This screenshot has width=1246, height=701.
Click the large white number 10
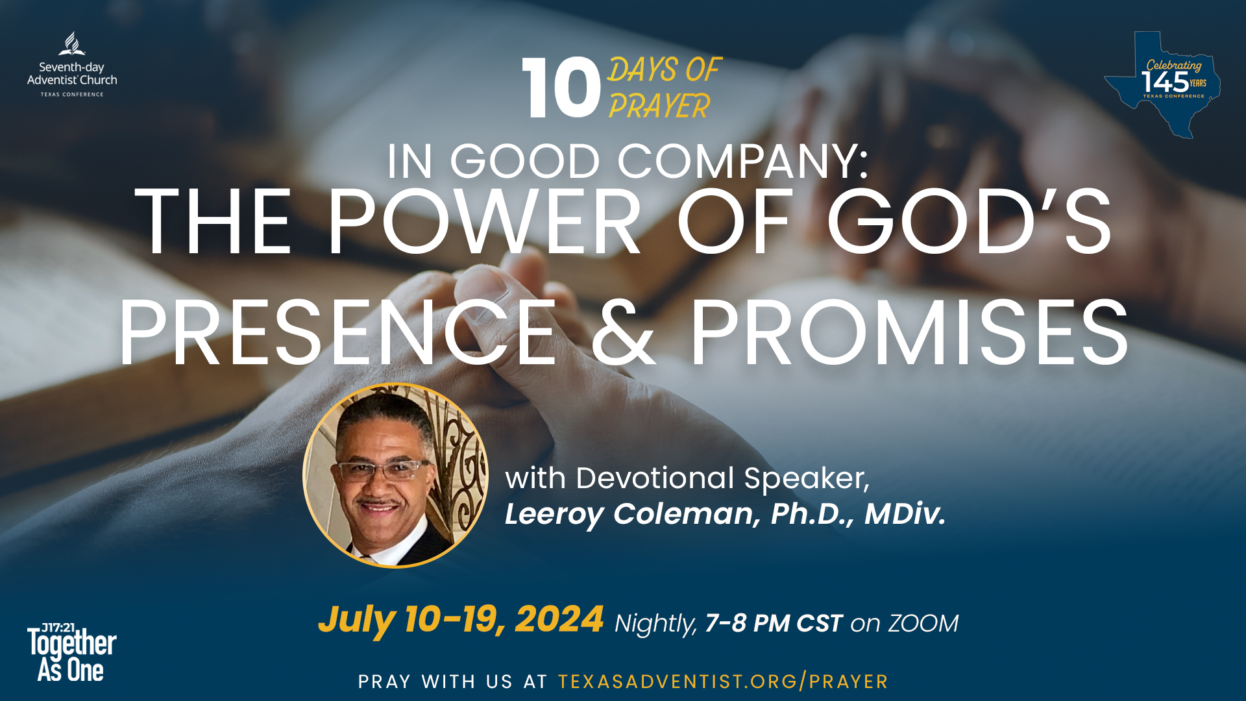561,88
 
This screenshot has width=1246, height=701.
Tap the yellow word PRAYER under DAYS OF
659,106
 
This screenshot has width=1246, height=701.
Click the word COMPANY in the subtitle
742,161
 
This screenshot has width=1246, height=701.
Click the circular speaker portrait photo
395,476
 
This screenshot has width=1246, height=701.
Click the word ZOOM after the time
923,623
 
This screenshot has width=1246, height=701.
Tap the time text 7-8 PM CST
774,623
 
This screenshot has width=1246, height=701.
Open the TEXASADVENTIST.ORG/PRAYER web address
723,682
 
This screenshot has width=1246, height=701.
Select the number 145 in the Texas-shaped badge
1165,82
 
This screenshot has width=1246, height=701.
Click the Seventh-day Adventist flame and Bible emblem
72,44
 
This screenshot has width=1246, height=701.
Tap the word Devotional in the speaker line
655,478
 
